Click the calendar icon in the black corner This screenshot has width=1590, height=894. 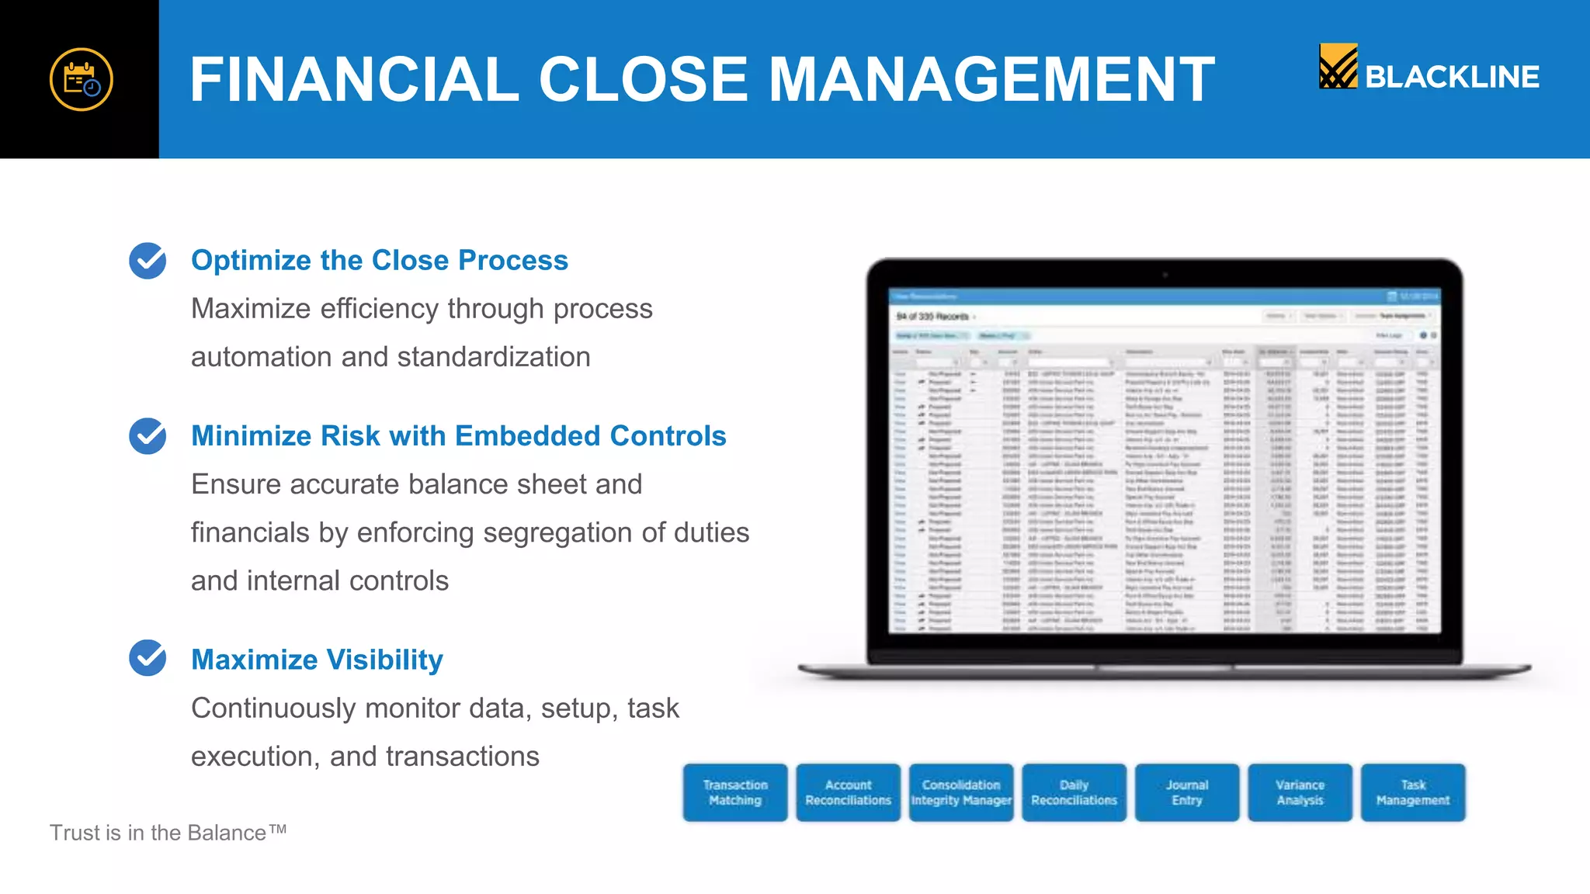pyautogui.click(x=82, y=79)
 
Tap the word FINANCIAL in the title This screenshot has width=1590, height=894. pyautogui.click(x=354, y=79)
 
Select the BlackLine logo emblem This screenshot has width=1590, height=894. pyautogui.click(x=1338, y=66)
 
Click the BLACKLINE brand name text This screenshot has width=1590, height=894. pyautogui.click(x=1452, y=77)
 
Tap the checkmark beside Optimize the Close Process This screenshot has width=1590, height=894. pyautogui.click(x=148, y=261)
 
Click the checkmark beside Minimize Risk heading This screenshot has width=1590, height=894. pyautogui.click(x=148, y=436)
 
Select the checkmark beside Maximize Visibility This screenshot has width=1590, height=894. pyautogui.click(x=148, y=658)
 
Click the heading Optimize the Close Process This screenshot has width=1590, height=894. pyautogui.click(x=380, y=261)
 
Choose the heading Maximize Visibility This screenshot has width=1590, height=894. pyautogui.click(x=317, y=660)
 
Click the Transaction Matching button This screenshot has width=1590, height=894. pyautogui.click(x=735, y=792)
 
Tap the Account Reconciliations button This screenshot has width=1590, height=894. pyautogui.click(x=848, y=792)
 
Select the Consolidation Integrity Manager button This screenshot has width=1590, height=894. pyautogui.click(x=961, y=792)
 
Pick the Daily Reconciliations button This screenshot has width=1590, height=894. pyautogui.click(x=1074, y=792)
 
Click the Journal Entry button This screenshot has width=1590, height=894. pyautogui.click(x=1187, y=792)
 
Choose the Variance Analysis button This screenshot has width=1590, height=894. pyautogui.click(x=1300, y=792)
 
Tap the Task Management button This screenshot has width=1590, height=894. pyautogui.click(x=1413, y=792)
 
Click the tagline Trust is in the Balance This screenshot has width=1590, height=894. pyautogui.click(x=168, y=833)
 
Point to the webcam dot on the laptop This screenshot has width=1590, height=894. pyautogui.click(x=1165, y=275)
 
